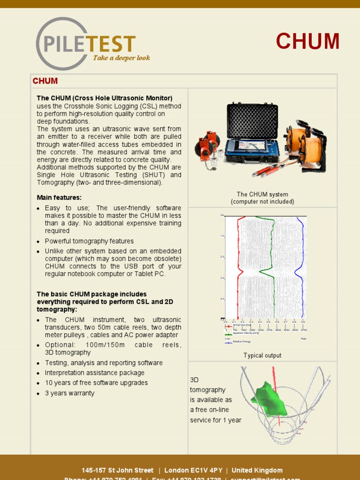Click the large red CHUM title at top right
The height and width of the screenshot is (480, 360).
307,42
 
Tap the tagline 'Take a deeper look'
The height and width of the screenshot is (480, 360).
121,58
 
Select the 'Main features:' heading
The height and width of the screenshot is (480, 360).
59,197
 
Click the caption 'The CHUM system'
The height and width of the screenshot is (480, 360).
262,194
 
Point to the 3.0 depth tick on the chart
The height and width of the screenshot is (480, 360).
223,278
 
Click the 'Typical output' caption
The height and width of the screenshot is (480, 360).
262,355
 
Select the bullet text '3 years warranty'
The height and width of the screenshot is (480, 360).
69,393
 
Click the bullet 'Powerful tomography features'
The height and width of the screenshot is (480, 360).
89,241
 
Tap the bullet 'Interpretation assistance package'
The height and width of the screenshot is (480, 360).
94,373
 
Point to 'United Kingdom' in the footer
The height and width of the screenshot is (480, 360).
257,470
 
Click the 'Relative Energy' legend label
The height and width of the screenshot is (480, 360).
243,342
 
